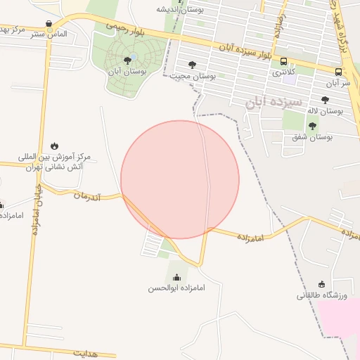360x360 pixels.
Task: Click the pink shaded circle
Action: point(180,179)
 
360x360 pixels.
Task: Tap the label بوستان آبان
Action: point(127,71)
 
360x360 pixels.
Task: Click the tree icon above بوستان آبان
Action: point(127,60)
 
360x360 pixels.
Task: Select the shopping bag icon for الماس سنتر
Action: point(48,23)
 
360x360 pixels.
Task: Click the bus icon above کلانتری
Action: point(284,61)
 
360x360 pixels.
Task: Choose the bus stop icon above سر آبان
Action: point(339,72)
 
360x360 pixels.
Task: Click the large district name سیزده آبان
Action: point(274,103)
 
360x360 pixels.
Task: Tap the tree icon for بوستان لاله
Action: point(325,100)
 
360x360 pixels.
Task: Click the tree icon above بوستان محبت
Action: point(193,65)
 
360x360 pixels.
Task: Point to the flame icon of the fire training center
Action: point(55,146)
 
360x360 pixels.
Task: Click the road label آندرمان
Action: point(88,196)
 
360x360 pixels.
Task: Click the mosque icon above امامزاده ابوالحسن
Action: point(176,277)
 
